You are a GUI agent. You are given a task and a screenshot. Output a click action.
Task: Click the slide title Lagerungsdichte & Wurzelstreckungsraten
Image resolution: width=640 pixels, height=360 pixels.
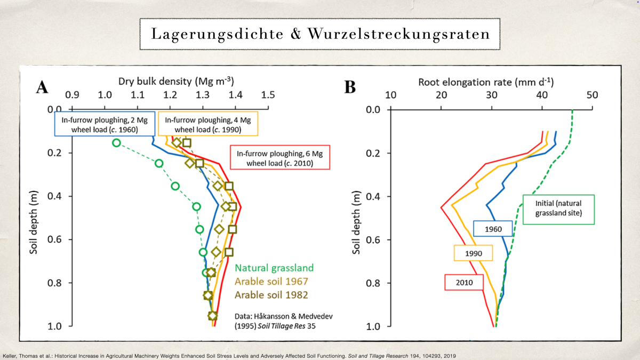coord(320,34)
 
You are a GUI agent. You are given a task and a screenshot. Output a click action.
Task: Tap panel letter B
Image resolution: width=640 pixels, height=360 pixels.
coord(350,87)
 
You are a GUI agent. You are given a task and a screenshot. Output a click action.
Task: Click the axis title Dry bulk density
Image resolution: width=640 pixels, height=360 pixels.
coord(176,81)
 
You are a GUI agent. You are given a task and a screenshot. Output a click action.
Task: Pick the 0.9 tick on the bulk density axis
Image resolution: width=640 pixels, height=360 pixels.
coord(72,95)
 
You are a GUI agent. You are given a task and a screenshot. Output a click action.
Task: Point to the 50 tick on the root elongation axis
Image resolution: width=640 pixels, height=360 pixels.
coord(592,95)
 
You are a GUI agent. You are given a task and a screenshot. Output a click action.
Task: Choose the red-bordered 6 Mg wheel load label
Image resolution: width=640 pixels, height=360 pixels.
coord(279,158)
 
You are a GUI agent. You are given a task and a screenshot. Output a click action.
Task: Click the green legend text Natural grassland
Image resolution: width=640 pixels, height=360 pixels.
coord(274,268)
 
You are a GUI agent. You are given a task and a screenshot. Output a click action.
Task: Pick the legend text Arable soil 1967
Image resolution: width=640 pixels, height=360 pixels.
coord(271,281)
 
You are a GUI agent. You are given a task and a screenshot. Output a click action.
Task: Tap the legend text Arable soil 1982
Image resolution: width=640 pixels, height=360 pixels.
coord(271,294)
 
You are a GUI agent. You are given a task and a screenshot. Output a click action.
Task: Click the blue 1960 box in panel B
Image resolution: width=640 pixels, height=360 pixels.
coord(493,229)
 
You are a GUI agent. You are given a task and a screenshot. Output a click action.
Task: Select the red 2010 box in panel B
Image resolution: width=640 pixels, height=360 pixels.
coord(464,282)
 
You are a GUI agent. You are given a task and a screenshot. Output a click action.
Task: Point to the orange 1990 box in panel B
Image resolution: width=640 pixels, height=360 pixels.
coord(473,253)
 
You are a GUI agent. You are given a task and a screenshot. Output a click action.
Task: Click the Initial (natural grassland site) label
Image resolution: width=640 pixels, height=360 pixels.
coord(558,209)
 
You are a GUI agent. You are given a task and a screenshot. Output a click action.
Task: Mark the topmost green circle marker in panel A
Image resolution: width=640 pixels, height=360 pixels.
coord(116,142)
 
